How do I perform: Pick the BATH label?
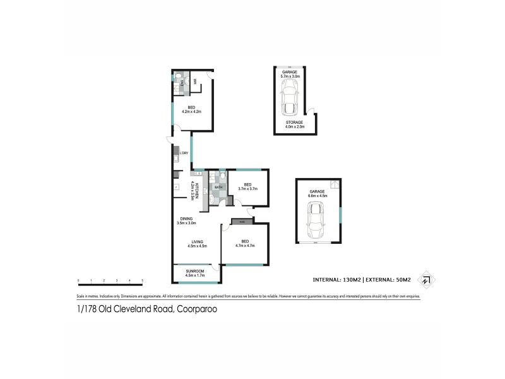tap(218, 188)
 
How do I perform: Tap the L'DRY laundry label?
tap(184, 153)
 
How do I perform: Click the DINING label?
tap(186, 219)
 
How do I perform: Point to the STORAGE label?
tap(294, 122)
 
